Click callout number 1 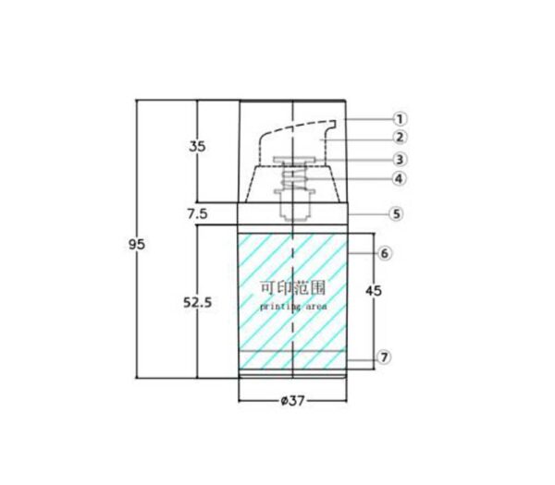[400, 119]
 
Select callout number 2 [400, 137]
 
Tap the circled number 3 [400, 160]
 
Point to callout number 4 [399, 178]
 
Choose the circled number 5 [396, 214]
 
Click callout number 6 [385, 253]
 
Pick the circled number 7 [385, 358]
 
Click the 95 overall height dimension [137, 244]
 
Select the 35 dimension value [197, 146]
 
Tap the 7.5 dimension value [198, 214]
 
